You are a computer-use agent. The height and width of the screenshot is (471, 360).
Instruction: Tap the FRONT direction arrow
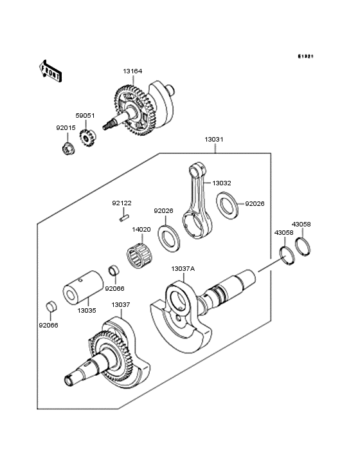tap(51, 69)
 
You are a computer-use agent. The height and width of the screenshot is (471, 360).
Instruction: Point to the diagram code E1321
tap(305, 57)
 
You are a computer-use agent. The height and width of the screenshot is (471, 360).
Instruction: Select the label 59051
tap(85, 116)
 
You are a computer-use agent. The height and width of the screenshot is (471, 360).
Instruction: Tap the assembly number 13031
tap(214, 139)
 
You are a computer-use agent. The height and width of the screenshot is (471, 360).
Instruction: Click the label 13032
tap(222, 183)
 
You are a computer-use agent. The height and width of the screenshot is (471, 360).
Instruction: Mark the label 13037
tap(120, 304)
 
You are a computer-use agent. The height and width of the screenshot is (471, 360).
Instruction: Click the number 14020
tap(141, 229)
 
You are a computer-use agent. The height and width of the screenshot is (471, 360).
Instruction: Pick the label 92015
tap(66, 128)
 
